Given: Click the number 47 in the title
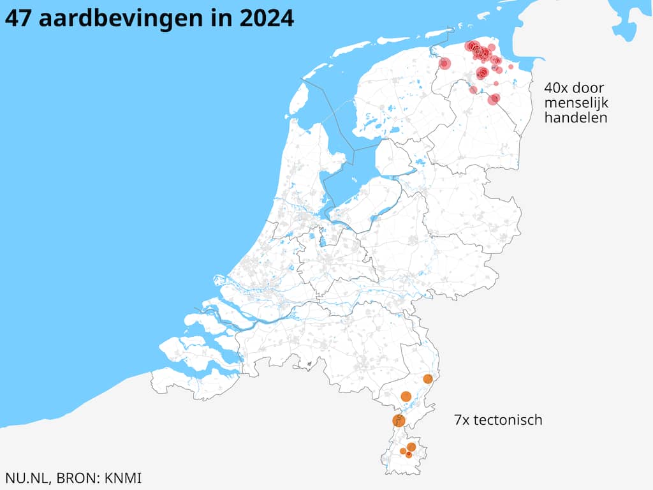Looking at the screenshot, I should [18, 18].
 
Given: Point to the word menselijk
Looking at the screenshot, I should [572, 103].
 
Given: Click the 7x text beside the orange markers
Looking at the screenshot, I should [462, 420].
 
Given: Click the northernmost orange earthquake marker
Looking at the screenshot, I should [428, 379].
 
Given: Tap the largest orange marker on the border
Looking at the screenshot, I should [399, 420].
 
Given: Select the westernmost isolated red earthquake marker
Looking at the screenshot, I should [444, 64].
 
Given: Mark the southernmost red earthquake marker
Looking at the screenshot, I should [494, 99].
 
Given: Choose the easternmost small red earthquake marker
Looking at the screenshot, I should [511, 66].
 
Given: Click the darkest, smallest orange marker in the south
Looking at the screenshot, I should [409, 454].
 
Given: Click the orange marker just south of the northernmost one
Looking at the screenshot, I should [406, 396].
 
